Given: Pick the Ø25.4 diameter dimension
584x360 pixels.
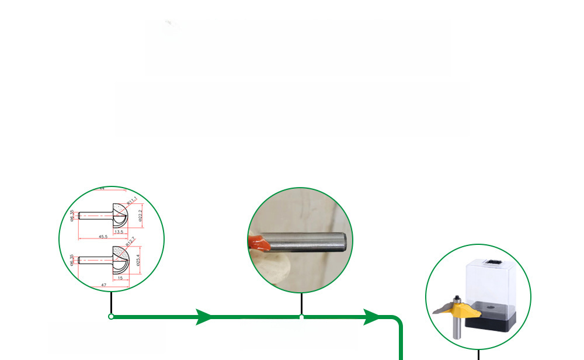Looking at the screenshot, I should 138,258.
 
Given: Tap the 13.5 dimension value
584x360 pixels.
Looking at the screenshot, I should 119,232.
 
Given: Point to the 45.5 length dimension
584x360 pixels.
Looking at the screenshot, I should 102,237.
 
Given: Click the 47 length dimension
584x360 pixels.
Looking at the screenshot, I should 103,285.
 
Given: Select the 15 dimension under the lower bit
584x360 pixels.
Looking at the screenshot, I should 120,278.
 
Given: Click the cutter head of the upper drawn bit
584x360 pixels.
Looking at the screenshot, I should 120,216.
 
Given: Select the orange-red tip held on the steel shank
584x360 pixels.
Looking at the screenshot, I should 258,242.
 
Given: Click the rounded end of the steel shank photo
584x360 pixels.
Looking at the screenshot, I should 343,240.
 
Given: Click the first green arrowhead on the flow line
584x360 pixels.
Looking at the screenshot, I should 204,317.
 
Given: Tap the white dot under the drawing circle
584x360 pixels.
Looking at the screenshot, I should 111,317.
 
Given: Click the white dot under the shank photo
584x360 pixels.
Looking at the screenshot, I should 301,317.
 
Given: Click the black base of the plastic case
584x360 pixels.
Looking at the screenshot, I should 493,319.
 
